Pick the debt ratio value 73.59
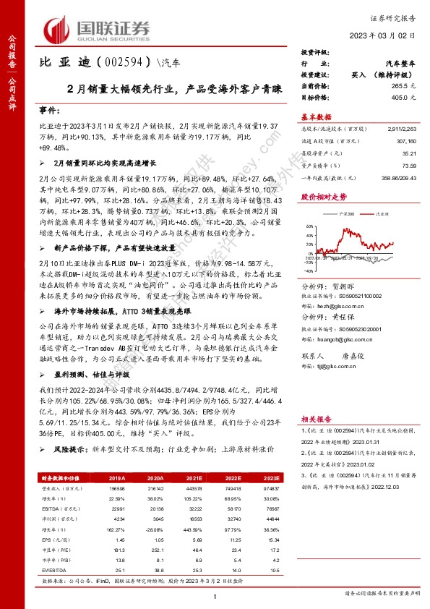tap(409, 165)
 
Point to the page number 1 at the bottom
tap(215, 595)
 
